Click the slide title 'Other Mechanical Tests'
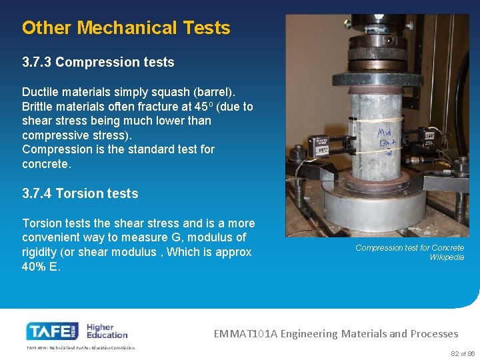click(x=126, y=28)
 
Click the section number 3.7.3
click(x=37, y=63)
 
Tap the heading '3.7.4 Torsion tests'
click(x=80, y=194)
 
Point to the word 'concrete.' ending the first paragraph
click(x=46, y=164)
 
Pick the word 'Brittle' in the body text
click(x=39, y=107)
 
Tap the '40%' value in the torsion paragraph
click(x=35, y=267)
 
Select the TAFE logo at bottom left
click(x=53, y=331)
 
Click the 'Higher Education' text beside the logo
click(x=107, y=330)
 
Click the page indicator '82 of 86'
click(x=463, y=353)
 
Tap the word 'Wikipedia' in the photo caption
click(x=447, y=257)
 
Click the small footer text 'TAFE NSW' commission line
click(x=81, y=347)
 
